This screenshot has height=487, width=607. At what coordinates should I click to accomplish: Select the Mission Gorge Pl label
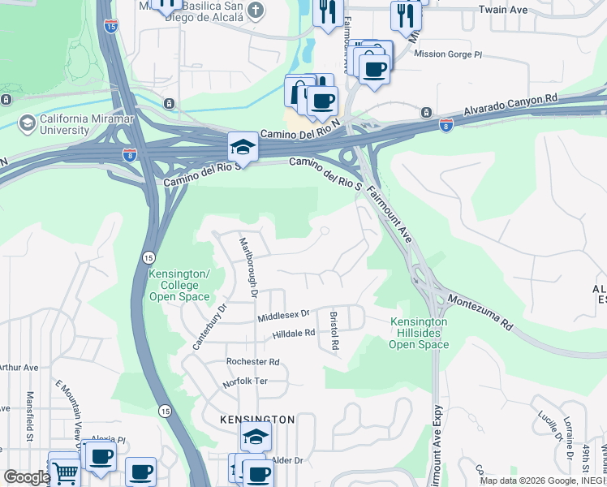[x=447, y=54]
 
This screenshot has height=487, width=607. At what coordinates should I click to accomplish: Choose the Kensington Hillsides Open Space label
[x=419, y=333]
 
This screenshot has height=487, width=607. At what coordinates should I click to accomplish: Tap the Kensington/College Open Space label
[x=179, y=285]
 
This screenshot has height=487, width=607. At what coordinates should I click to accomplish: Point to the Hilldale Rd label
[x=293, y=334]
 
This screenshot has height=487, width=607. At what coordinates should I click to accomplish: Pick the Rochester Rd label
[x=252, y=362]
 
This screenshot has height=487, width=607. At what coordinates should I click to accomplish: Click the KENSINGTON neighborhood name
[x=256, y=420]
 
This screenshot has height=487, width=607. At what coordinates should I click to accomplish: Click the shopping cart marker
[x=65, y=471]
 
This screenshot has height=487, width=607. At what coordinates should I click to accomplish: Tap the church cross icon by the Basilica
[x=256, y=11]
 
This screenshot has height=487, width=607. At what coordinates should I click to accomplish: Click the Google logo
[x=26, y=477]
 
